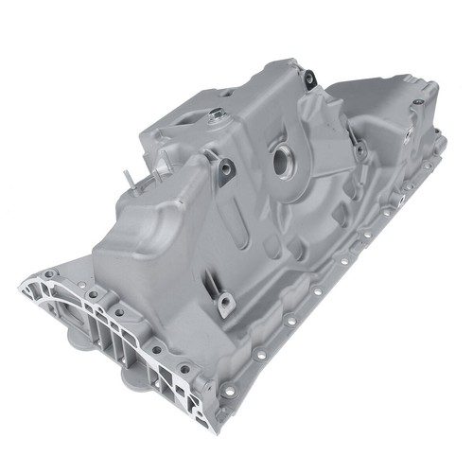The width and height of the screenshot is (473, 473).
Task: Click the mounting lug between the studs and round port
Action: coord(227,169)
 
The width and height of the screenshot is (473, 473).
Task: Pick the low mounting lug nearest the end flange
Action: coord(225,304)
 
